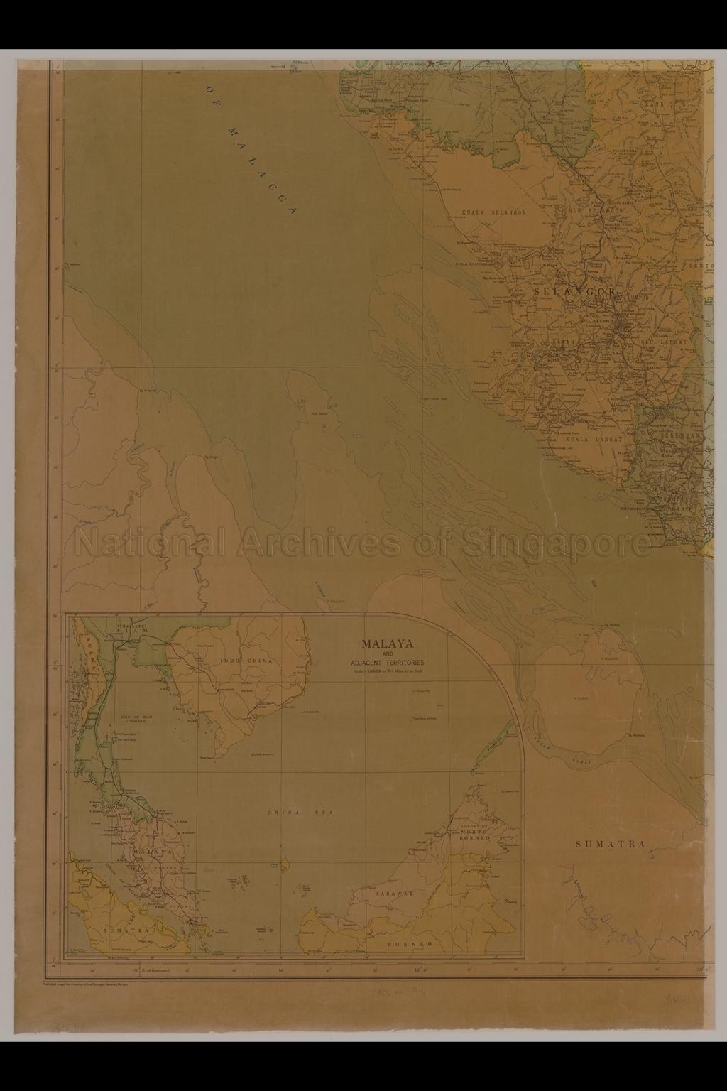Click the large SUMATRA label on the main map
610,844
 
